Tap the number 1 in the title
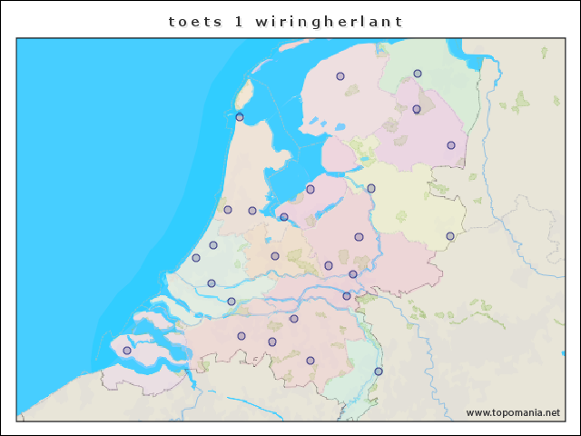pyautogui.click(x=239, y=20)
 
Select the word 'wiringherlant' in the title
pyautogui.click(x=330, y=20)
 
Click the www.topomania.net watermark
pyautogui.click(x=513, y=412)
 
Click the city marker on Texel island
pyautogui.click(x=240, y=117)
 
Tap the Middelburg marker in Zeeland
pyautogui.click(x=127, y=351)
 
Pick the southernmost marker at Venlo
pyautogui.click(x=379, y=372)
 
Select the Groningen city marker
pyautogui.click(x=418, y=74)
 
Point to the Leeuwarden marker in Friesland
pyautogui.click(x=340, y=76)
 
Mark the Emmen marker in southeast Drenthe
pyautogui.click(x=451, y=145)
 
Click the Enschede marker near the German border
pyautogui.click(x=450, y=236)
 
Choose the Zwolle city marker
pyautogui.click(x=371, y=188)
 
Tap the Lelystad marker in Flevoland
pyautogui.click(x=310, y=189)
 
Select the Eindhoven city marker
pyautogui.click(x=310, y=361)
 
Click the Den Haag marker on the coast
pyautogui.click(x=196, y=258)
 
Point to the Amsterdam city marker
pyautogui.click(x=252, y=211)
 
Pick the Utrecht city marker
pyautogui.click(x=275, y=256)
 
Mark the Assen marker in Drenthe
pyautogui.click(x=417, y=110)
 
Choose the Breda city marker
pyautogui.click(x=241, y=336)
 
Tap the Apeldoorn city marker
pyautogui.click(x=359, y=237)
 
